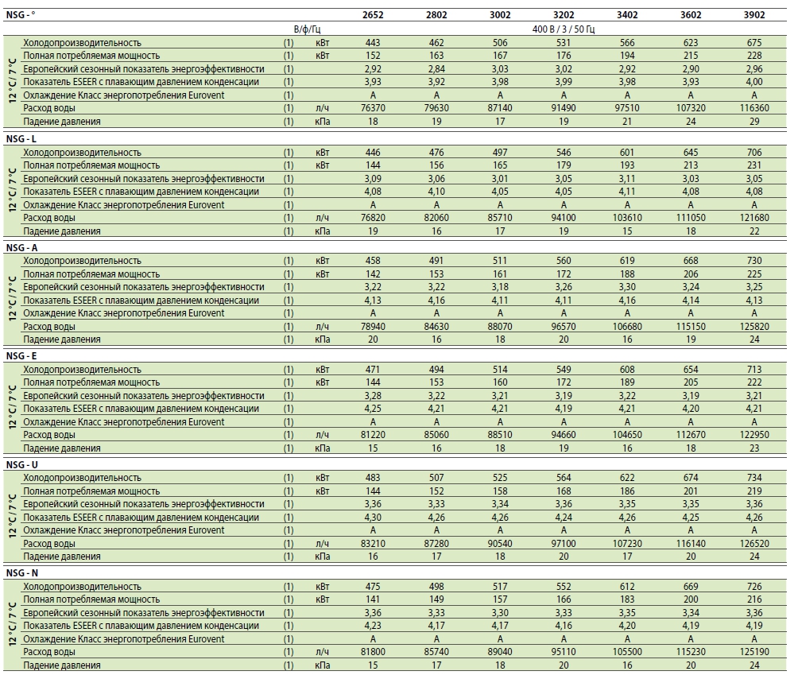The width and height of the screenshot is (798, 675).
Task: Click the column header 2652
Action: (373, 15)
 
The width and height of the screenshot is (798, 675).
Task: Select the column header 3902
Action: (754, 15)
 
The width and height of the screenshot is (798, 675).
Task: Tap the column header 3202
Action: (564, 15)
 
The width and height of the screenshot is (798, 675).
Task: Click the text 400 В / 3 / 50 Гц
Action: (564, 29)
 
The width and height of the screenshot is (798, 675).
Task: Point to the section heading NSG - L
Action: (21, 139)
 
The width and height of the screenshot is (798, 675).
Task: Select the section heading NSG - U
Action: (22, 465)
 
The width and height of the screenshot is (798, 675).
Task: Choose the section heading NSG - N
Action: (22, 573)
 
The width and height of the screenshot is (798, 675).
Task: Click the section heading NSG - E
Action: (21, 356)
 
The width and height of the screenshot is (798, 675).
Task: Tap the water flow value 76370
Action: (373, 108)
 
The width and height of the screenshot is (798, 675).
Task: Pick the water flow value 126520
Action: (754, 543)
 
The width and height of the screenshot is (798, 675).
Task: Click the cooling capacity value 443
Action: (373, 43)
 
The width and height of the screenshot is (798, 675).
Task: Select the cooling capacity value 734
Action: (754, 478)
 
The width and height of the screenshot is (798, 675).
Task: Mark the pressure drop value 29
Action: (754, 121)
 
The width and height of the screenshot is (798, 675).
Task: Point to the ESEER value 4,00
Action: (754, 81)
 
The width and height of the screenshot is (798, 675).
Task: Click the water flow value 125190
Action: (754, 652)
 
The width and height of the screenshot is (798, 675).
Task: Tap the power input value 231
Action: (754, 165)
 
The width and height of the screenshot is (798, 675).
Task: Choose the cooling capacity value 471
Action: (373, 369)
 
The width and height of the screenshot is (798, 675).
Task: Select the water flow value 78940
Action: (373, 326)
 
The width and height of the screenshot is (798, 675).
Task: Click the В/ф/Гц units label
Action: (308, 29)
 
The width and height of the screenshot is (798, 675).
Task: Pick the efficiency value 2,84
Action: (436, 68)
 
